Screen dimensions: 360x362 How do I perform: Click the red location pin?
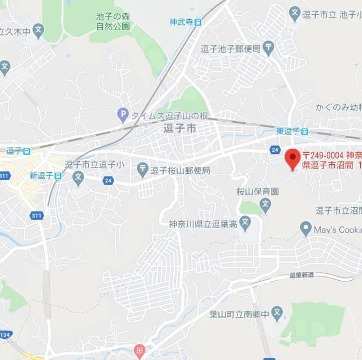[x=292, y=158]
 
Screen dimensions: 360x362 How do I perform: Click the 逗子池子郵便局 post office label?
[x=230, y=49]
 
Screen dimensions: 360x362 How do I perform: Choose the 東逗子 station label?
[x=288, y=131]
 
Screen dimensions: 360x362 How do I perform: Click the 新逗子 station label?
[x=41, y=175]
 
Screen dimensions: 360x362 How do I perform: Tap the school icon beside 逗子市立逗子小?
[x=78, y=177]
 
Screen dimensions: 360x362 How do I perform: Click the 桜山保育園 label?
[x=257, y=191]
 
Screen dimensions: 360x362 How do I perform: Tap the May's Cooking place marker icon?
[x=306, y=229]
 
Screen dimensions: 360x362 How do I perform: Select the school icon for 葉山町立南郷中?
[x=277, y=312]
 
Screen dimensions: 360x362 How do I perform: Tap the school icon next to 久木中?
[x=38, y=29]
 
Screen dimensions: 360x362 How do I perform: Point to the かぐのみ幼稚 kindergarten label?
[x=338, y=106]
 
